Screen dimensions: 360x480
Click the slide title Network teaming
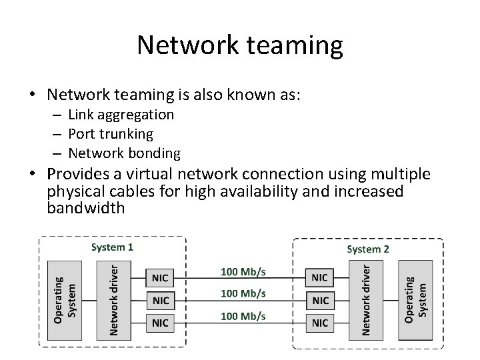click(x=239, y=45)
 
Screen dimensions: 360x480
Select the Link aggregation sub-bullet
click(x=121, y=115)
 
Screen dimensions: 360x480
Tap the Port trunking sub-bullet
click(x=110, y=134)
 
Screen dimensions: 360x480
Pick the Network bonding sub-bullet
click(x=124, y=153)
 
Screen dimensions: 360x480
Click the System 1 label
click(x=111, y=247)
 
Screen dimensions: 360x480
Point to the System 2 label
click(x=368, y=249)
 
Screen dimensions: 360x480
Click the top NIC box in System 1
click(x=161, y=277)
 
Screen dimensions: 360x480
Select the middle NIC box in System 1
click(x=161, y=300)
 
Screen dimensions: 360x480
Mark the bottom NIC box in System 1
click(x=161, y=323)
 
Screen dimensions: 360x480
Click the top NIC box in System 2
click(x=319, y=277)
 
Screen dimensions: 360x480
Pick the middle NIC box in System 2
click(x=319, y=300)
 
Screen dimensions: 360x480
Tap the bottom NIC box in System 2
click(x=319, y=323)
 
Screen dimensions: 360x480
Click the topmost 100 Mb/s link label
click(x=243, y=271)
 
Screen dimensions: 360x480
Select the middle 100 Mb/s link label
click(x=243, y=293)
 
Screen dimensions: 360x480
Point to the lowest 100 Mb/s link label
click(x=243, y=316)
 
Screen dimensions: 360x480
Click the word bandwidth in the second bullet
click(x=86, y=208)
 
